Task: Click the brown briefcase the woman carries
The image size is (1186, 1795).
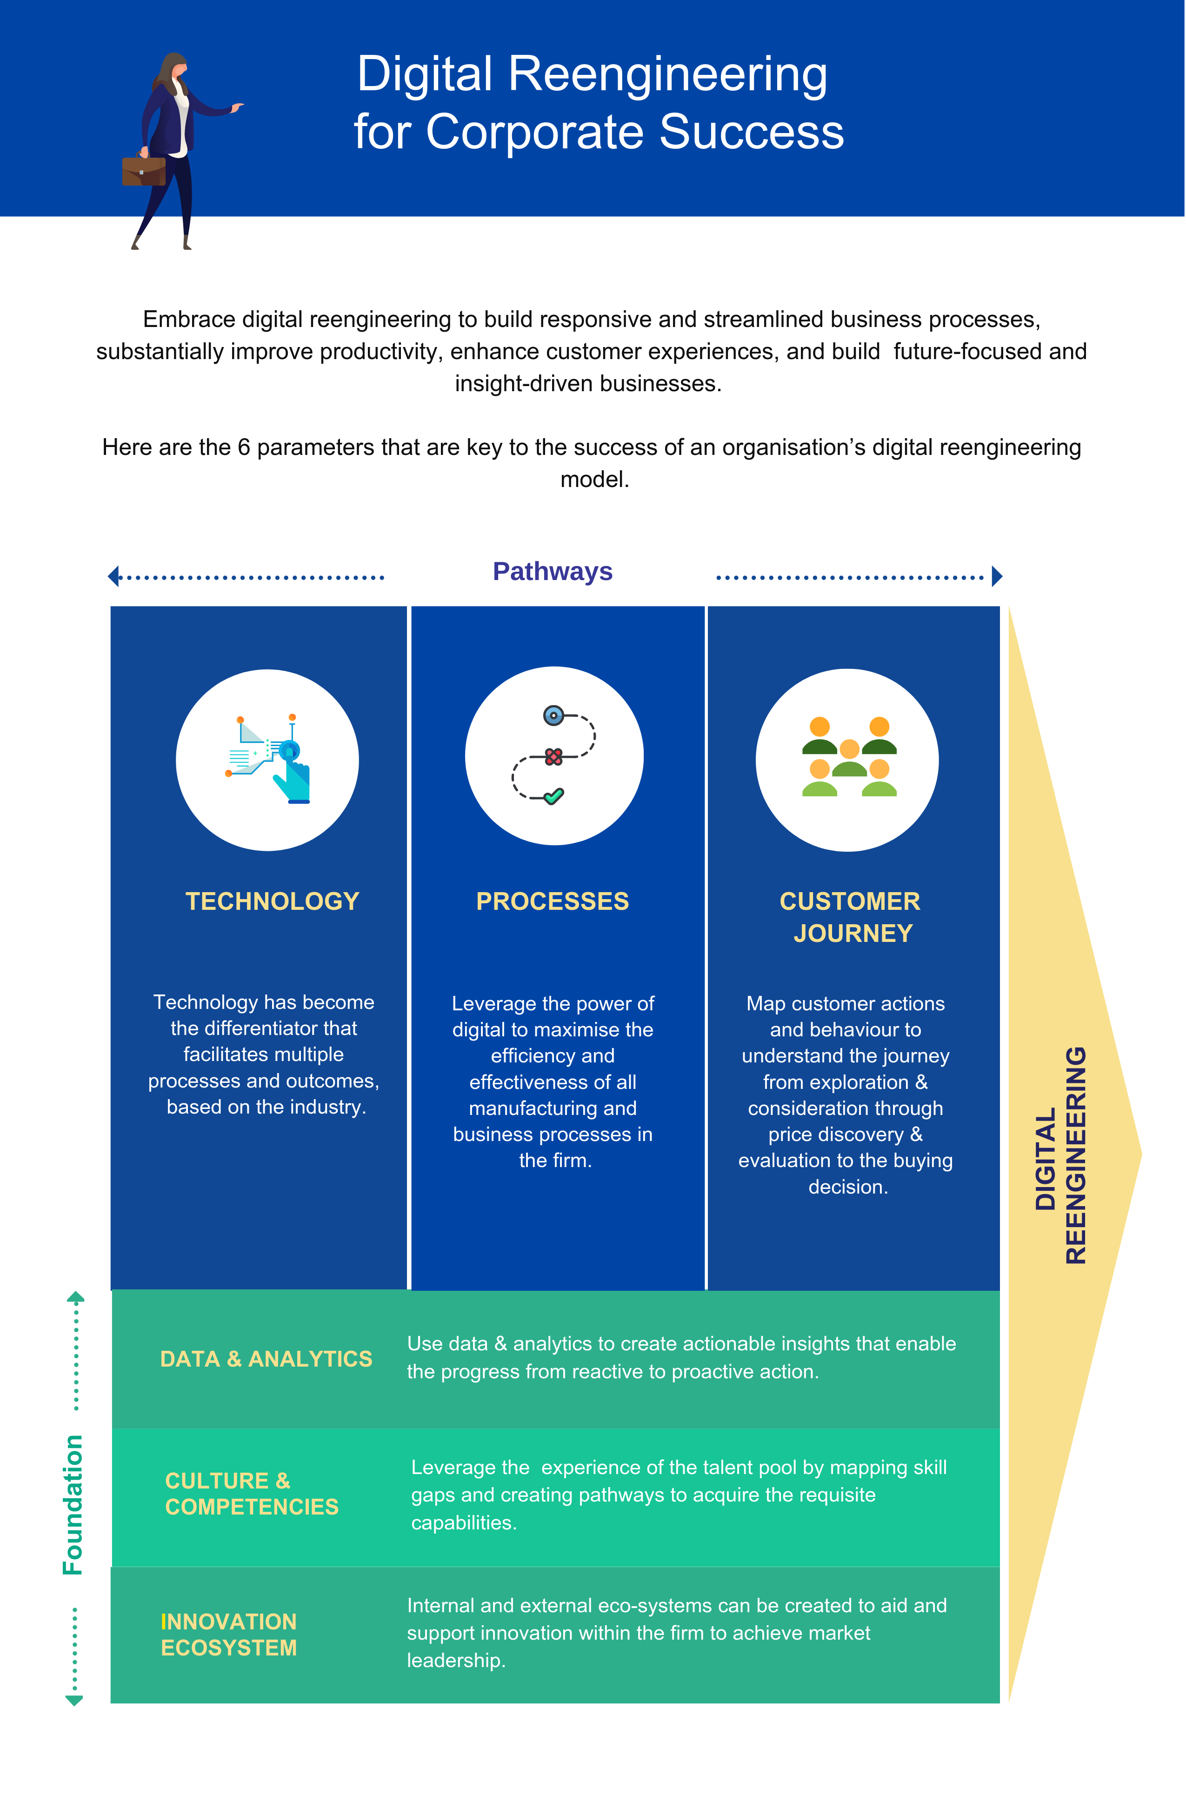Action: click(x=144, y=170)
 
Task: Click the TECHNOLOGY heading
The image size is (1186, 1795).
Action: click(x=272, y=901)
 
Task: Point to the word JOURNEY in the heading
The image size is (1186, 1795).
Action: click(x=853, y=934)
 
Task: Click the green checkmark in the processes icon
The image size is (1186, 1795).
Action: click(x=554, y=796)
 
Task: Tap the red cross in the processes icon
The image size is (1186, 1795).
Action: click(x=553, y=756)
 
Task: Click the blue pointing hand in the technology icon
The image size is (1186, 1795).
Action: click(x=293, y=779)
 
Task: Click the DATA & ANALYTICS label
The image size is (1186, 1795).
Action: click(x=266, y=1359)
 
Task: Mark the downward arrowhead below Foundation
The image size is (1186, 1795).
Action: click(x=74, y=1701)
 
